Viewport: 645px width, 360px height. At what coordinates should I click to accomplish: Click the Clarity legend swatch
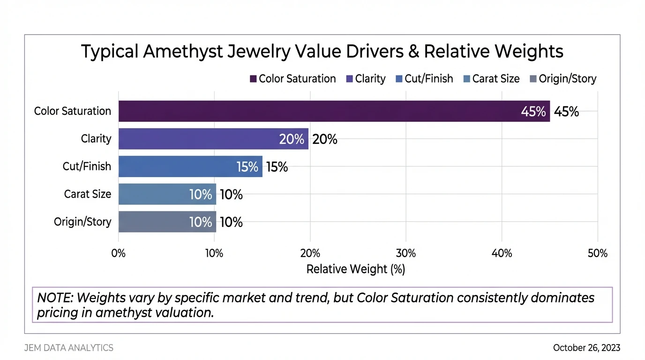point(349,79)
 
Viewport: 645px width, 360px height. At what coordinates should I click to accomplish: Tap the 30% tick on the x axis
point(406,254)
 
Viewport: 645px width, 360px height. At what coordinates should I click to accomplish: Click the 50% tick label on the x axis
point(597,254)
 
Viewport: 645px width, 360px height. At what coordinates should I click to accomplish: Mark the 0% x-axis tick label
point(119,254)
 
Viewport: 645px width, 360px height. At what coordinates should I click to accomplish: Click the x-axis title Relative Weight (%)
point(355,270)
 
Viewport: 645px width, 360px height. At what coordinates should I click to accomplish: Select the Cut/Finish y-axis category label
point(87,166)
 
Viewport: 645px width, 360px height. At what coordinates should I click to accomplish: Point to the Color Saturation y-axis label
point(73,112)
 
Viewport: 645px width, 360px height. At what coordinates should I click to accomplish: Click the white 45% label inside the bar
point(533,112)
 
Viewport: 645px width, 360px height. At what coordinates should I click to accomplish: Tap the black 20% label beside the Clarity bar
point(324,139)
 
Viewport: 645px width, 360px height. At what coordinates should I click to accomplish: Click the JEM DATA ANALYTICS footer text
point(69,348)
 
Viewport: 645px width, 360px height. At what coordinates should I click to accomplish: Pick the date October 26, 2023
point(586,348)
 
